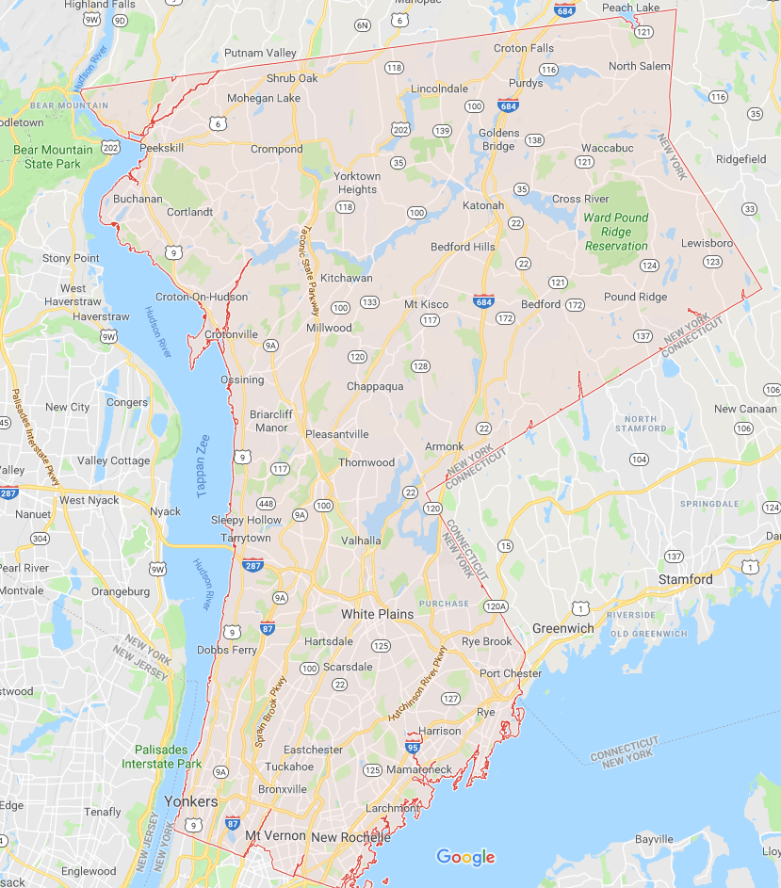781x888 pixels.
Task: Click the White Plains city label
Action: click(377, 614)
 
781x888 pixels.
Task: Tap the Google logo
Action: click(465, 857)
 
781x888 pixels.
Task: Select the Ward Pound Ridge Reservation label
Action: click(617, 232)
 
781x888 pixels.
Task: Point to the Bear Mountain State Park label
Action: click(53, 156)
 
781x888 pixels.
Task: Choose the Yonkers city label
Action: click(191, 801)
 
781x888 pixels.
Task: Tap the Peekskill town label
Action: click(161, 149)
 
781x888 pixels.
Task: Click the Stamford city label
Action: click(685, 579)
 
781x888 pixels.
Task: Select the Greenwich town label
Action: click(563, 628)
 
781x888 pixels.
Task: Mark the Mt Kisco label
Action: click(426, 304)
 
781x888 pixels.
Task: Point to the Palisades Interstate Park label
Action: click(162, 757)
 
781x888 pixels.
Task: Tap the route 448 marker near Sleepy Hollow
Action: click(267, 503)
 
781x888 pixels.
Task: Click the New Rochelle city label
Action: click(350, 837)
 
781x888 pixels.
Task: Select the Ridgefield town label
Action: click(741, 159)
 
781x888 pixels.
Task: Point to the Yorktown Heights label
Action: click(357, 183)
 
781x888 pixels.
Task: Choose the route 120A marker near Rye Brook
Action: click(496, 606)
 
